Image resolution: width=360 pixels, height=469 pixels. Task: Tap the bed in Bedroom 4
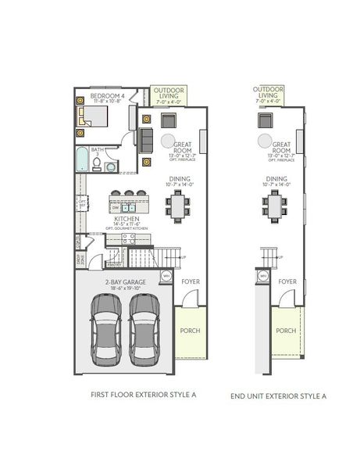[x=94, y=116]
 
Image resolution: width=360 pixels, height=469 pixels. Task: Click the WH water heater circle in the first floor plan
[x=166, y=276]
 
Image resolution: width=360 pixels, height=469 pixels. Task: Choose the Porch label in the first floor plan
[x=190, y=331]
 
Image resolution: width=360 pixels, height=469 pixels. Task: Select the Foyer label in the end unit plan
[x=287, y=281]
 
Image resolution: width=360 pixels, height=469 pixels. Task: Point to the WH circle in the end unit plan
[x=263, y=276]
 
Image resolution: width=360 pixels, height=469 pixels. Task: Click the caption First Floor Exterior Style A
[x=144, y=396]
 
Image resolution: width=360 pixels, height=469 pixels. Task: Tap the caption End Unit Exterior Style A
[x=279, y=396]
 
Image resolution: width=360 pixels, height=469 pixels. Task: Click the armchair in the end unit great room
[x=266, y=120]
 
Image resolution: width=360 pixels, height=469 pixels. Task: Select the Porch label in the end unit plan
[x=287, y=331]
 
